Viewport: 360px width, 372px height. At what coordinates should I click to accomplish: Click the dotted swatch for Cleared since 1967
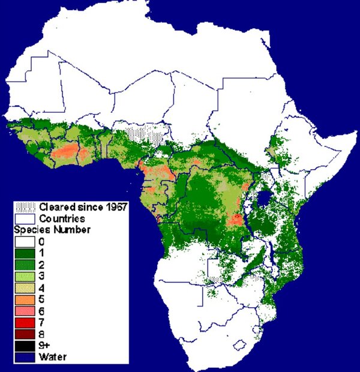coord(25,207)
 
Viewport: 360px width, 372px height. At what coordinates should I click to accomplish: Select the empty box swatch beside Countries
coord(25,218)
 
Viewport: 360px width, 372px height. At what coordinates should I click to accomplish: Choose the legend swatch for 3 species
coord(25,276)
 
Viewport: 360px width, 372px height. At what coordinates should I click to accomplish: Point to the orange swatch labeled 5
coord(25,299)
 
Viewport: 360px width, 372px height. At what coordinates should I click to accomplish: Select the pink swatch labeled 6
coord(25,311)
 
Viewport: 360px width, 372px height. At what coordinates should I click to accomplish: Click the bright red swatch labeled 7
coord(25,322)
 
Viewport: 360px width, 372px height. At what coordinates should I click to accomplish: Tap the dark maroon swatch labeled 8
coord(25,334)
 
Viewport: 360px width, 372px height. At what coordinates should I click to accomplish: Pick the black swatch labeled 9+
coord(25,346)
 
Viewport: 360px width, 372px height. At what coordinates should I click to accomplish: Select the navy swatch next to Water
coord(25,357)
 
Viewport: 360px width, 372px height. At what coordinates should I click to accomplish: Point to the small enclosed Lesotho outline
coord(239,346)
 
